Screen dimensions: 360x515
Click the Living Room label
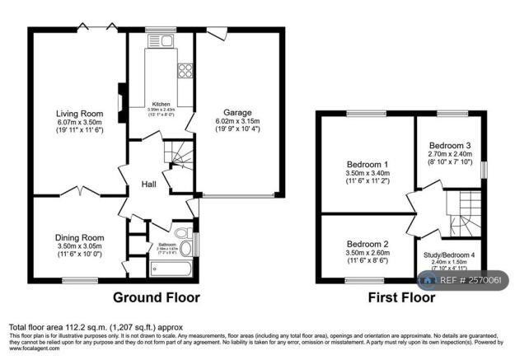[x=78, y=113]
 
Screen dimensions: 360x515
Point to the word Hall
[x=148, y=184]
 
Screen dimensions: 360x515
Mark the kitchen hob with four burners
[x=185, y=71]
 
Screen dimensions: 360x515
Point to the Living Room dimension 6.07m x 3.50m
[x=78, y=122]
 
